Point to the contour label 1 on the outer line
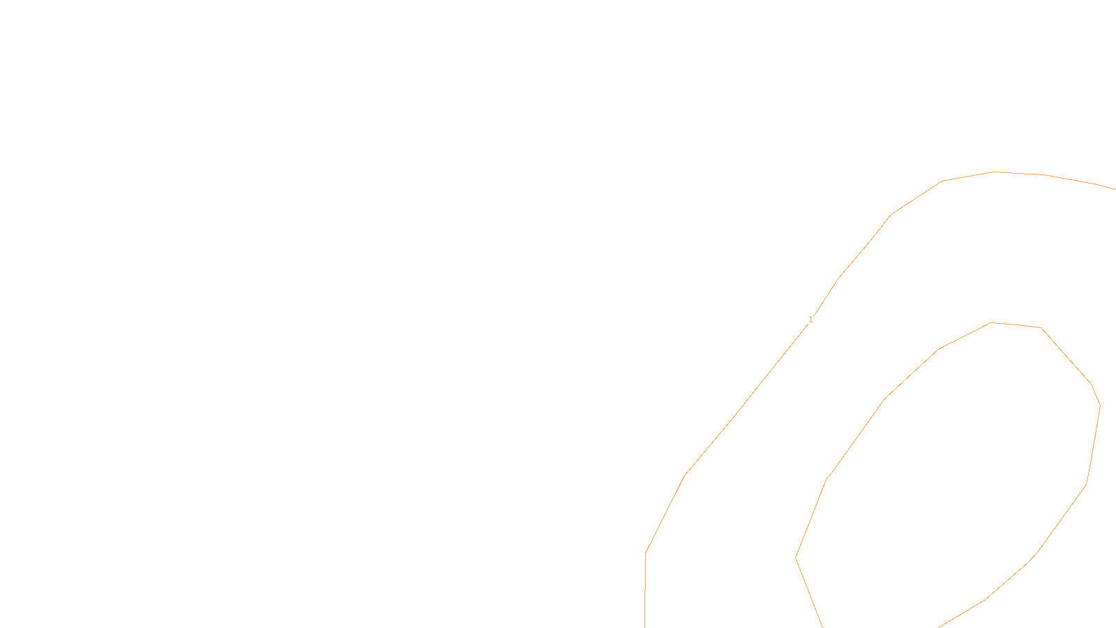810,320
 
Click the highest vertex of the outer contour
994,172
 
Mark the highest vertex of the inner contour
990,322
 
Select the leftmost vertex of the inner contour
796,558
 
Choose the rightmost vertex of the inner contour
1100,405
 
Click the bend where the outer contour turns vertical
646,553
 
